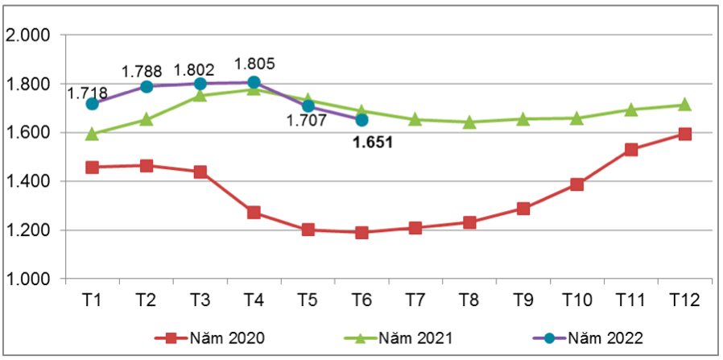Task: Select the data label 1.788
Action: click(142, 72)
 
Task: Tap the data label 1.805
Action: click(254, 64)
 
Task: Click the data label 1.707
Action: click(306, 121)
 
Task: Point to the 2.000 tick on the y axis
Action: click(28, 35)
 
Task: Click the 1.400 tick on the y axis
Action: click(28, 182)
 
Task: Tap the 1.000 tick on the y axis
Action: click(28, 279)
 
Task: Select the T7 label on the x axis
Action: click(415, 300)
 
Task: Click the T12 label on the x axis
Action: click(684, 300)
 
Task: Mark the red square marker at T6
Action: click(361, 233)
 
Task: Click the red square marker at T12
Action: click(684, 134)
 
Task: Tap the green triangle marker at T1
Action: click(92, 134)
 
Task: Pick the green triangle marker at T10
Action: click(576, 118)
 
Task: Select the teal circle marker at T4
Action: click(254, 82)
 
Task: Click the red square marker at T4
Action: click(254, 213)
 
